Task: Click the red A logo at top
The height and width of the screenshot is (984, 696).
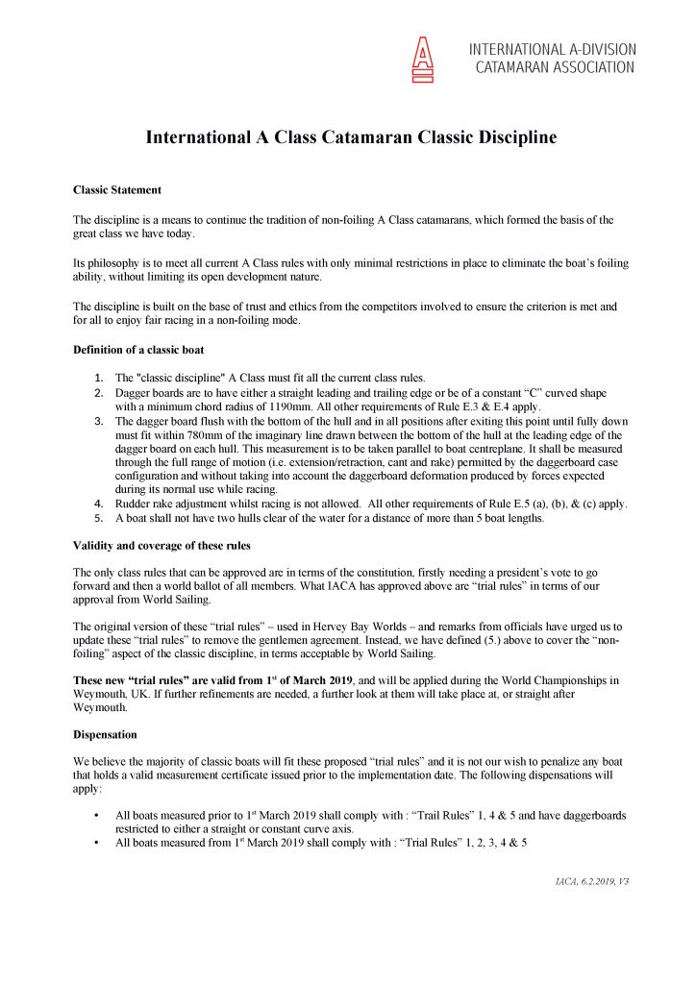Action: point(422,59)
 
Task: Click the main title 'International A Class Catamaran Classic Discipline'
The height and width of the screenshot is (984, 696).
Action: point(351,137)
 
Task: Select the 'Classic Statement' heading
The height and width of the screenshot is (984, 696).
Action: point(117,189)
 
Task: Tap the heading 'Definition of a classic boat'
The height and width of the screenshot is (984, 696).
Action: point(137,347)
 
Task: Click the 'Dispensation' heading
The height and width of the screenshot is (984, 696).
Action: point(105,734)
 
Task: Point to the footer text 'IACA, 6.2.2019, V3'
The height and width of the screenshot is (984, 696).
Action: point(587,881)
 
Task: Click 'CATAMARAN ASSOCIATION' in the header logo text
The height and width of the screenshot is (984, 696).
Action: point(555,68)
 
